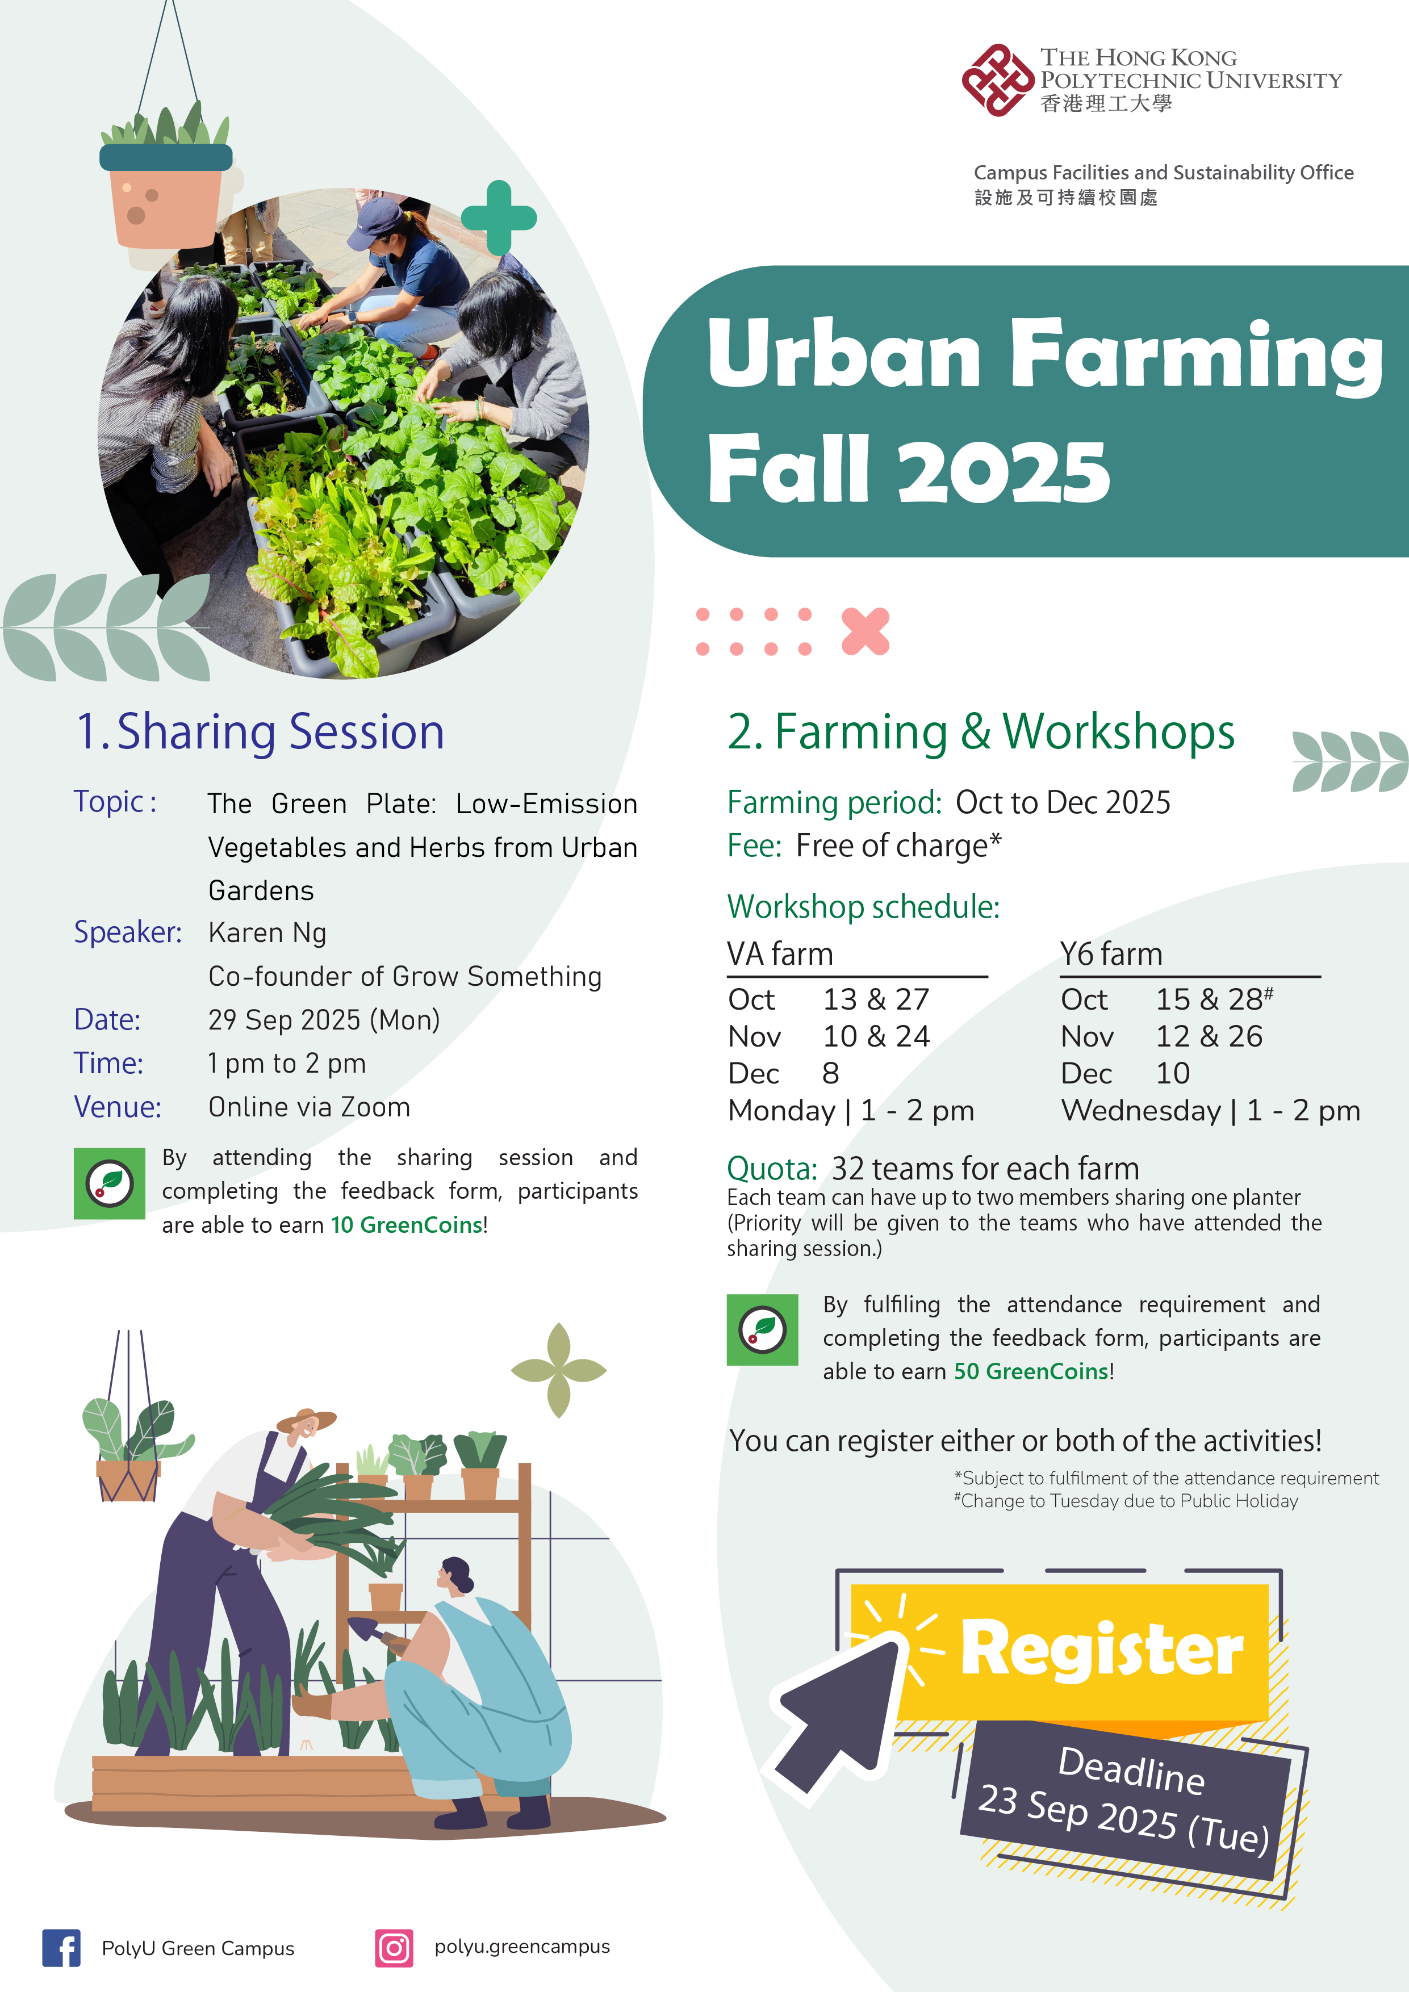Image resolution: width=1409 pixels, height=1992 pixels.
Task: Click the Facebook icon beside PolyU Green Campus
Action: [61, 1948]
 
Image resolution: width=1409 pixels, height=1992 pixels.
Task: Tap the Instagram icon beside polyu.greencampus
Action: [394, 1948]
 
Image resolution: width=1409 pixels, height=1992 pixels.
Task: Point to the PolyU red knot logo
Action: [998, 80]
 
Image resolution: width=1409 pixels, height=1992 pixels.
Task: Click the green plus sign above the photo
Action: [499, 217]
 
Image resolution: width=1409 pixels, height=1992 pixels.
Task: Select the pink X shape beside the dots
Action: [865, 631]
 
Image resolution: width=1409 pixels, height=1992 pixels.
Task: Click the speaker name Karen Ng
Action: [267, 932]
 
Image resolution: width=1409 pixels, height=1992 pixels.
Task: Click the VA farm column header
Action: [780, 953]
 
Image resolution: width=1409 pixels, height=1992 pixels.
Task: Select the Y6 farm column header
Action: [1110, 953]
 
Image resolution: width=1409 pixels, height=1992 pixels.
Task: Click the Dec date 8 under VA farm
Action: [830, 1073]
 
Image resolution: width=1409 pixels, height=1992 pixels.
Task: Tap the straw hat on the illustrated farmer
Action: [306, 1420]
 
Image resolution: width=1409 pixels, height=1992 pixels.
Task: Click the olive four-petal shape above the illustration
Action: [559, 1370]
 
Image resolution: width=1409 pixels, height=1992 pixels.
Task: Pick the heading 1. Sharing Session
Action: [260, 731]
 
